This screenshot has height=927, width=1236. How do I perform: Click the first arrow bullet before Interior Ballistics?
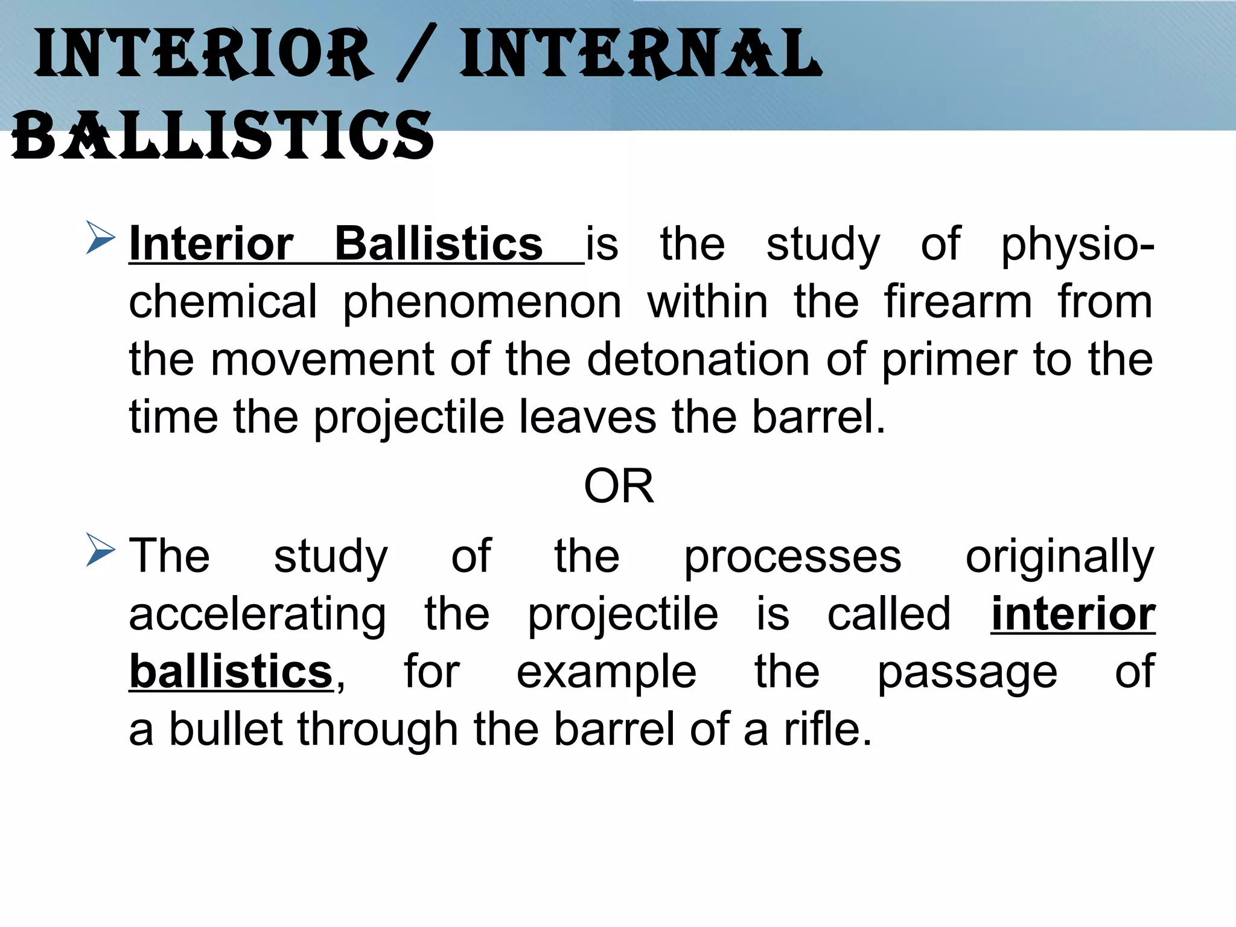click(x=100, y=238)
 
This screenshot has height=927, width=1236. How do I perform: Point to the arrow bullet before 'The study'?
click(x=100, y=550)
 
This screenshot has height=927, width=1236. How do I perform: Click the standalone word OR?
click(x=619, y=486)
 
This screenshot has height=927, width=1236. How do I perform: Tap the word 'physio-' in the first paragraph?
click(x=1077, y=244)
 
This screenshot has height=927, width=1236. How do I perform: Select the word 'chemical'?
click(x=223, y=301)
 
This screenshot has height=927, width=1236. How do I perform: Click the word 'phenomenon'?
click(x=482, y=302)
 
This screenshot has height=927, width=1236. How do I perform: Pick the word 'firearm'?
click(x=958, y=301)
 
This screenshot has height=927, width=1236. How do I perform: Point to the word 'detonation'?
click(x=698, y=359)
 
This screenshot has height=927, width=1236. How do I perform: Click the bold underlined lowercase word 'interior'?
click(x=1073, y=614)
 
